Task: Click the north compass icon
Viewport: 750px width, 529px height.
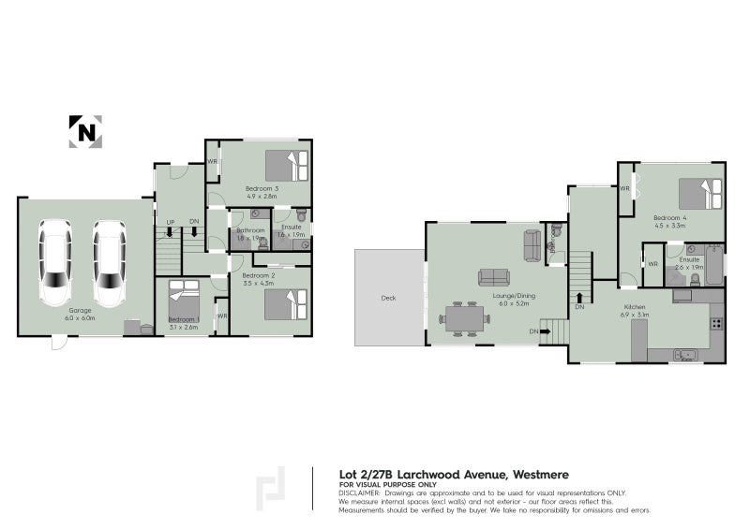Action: click(85, 131)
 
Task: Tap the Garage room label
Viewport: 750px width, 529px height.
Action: click(80, 311)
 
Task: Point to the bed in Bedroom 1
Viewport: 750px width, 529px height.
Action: click(183, 301)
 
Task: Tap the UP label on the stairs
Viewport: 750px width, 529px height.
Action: click(170, 221)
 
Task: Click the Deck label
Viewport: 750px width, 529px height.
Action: click(388, 299)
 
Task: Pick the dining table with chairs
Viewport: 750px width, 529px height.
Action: click(465, 318)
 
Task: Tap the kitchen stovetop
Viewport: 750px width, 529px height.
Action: click(715, 324)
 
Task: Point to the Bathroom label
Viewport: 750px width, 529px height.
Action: click(250, 230)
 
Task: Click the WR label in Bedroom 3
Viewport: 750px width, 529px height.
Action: click(213, 162)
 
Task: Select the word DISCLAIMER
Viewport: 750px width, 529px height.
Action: click(359, 492)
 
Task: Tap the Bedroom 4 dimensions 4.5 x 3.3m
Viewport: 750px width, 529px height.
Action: click(670, 226)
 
